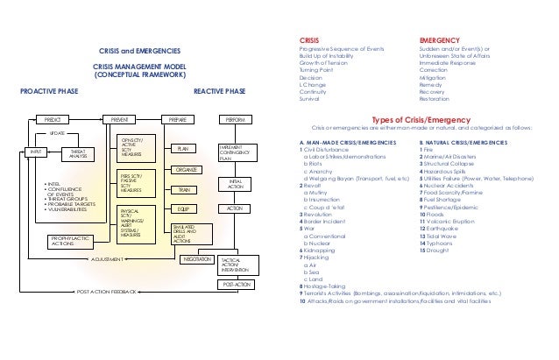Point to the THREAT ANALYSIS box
(75, 154)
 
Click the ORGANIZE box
(184, 168)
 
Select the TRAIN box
(184, 189)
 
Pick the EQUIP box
(184, 210)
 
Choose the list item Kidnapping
(325, 262)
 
